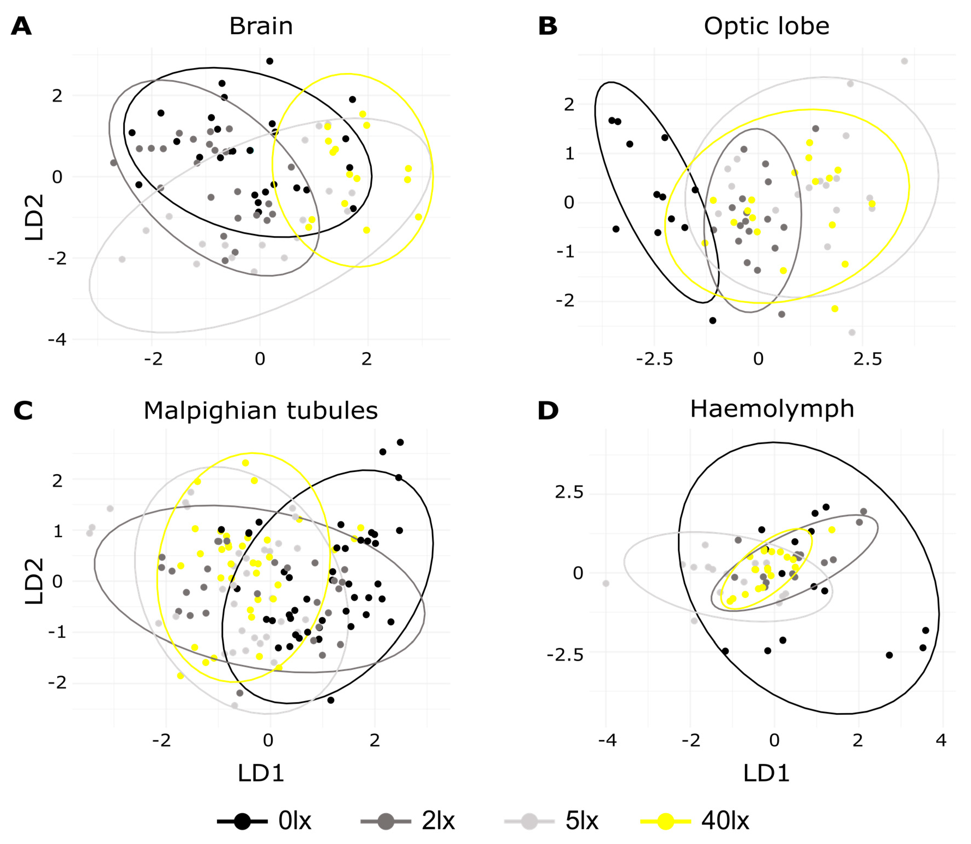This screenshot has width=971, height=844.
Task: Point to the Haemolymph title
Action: (772, 409)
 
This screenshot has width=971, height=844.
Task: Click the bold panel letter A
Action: (21, 26)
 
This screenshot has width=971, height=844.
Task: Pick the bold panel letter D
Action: (548, 411)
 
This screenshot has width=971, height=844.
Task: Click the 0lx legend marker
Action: (242, 821)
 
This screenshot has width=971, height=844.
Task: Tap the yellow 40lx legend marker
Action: (666, 821)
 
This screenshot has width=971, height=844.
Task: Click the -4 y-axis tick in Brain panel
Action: (57, 339)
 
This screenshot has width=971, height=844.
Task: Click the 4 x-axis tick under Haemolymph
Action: (941, 740)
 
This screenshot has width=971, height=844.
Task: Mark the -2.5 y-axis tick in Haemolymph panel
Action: (565, 654)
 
